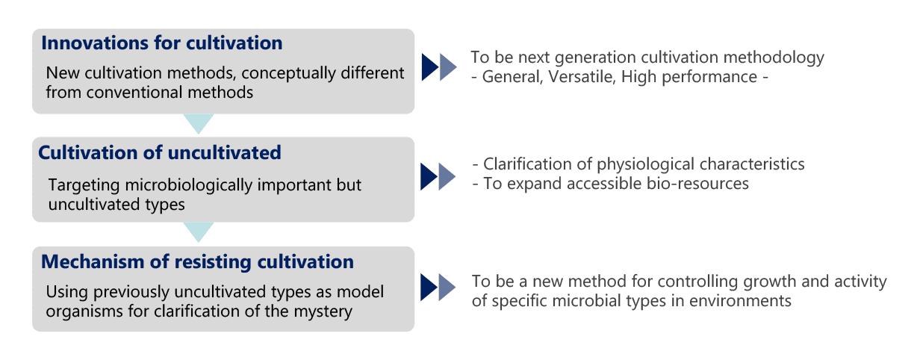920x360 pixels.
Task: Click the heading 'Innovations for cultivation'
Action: pyautogui.click(x=162, y=43)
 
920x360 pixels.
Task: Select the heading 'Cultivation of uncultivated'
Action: pyautogui.click(x=160, y=152)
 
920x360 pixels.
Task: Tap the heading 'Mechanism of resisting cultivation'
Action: pyautogui.click(x=198, y=261)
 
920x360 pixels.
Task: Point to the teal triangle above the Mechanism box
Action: pyautogui.click(x=199, y=232)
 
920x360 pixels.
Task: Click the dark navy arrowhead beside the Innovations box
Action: pyautogui.click(x=429, y=67)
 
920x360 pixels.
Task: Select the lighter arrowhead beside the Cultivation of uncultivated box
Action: pyautogui.click(x=447, y=177)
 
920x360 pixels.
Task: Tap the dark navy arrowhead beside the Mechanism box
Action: pyautogui.click(x=429, y=288)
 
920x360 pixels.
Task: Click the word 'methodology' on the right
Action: pyautogui.click(x=774, y=58)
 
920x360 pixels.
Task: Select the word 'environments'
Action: pyautogui.click(x=740, y=301)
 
